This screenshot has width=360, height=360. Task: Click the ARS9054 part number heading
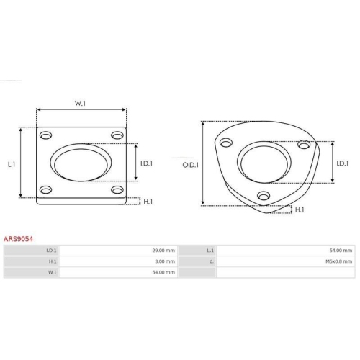pyautogui.click(x=18, y=239)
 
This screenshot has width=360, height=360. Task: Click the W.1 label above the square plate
pyautogui.click(x=80, y=103)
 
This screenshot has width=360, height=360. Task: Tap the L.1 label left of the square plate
pyautogui.click(x=12, y=164)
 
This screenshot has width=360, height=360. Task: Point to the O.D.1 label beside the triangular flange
pyautogui.click(x=191, y=165)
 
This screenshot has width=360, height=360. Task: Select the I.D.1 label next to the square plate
pyautogui.click(x=146, y=163)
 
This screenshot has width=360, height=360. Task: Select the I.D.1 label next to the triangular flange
pyautogui.click(x=343, y=163)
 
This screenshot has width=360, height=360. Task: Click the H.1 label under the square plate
pyautogui.click(x=148, y=202)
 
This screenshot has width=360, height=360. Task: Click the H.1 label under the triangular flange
pyautogui.click(x=300, y=210)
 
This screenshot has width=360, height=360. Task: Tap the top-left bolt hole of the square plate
pyautogui.click(x=45, y=135)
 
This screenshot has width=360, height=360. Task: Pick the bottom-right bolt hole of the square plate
pyautogui.click(x=117, y=190)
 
